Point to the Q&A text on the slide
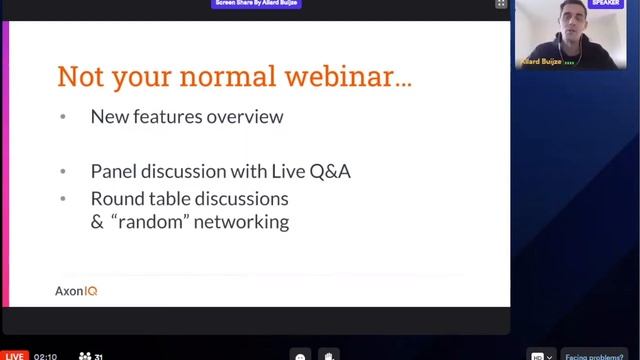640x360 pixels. pyautogui.click(x=329, y=171)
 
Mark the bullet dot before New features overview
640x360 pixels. pyautogui.click(x=63, y=117)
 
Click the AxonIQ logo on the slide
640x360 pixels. pyautogui.click(x=76, y=291)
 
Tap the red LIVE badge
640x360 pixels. pyautogui.click(x=13, y=355)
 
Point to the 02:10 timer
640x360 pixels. pyautogui.click(x=46, y=355)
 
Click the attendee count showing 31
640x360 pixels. pyautogui.click(x=91, y=355)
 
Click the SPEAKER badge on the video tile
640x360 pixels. pyautogui.click(x=606, y=4)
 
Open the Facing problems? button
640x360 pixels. pyautogui.click(x=597, y=355)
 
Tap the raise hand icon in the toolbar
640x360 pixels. pyautogui.click(x=329, y=354)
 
